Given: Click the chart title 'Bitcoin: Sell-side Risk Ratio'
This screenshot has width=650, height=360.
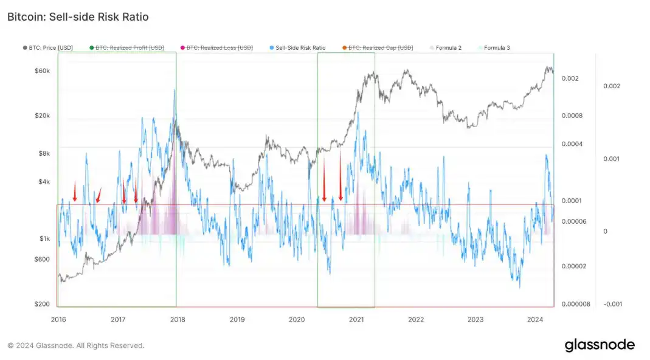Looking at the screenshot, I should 78,17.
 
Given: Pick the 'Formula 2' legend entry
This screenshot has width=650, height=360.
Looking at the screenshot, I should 448,47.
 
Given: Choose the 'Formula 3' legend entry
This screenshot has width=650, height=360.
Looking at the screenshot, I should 496,47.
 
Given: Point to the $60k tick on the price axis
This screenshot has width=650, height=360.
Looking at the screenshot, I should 41,71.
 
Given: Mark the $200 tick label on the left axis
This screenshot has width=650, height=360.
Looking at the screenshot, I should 41,304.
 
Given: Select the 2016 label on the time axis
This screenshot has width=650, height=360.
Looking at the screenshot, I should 58,319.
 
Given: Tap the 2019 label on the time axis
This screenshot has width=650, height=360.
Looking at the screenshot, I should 237,319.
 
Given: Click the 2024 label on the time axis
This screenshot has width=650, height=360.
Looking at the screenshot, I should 535,319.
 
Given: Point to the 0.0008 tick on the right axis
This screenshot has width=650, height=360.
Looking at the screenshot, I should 572,116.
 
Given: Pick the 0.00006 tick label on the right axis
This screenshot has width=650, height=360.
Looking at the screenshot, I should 574,221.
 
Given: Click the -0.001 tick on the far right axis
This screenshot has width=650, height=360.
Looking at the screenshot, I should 612,304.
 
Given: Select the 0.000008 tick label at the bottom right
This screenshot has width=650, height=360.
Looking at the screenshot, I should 575,304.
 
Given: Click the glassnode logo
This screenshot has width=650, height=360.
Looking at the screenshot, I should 599,345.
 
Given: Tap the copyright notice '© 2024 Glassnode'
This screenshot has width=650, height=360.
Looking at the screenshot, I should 75,345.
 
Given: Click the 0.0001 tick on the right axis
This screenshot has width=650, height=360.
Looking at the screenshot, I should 572,201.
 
